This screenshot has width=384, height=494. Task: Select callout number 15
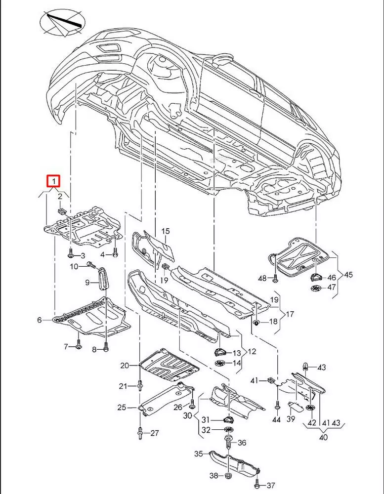click(x=165, y=231)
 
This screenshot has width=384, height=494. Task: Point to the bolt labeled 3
click(x=71, y=255)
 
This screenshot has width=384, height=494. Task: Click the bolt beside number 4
click(x=115, y=254)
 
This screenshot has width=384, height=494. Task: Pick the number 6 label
click(x=40, y=320)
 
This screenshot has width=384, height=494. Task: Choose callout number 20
click(x=124, y=366)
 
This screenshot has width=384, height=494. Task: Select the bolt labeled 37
click(x=256, y=485)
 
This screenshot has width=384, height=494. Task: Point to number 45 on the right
click(x=349, y=274)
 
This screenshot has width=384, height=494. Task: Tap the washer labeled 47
click(x=314, y=288)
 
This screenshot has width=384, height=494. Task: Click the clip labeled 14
click(x=220, y=363)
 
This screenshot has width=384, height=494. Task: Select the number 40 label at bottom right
click(x=324, y=437)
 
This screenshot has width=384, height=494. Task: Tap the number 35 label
click(x=198, y=453)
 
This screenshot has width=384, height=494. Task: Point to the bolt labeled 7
click(x=79, y=347)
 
